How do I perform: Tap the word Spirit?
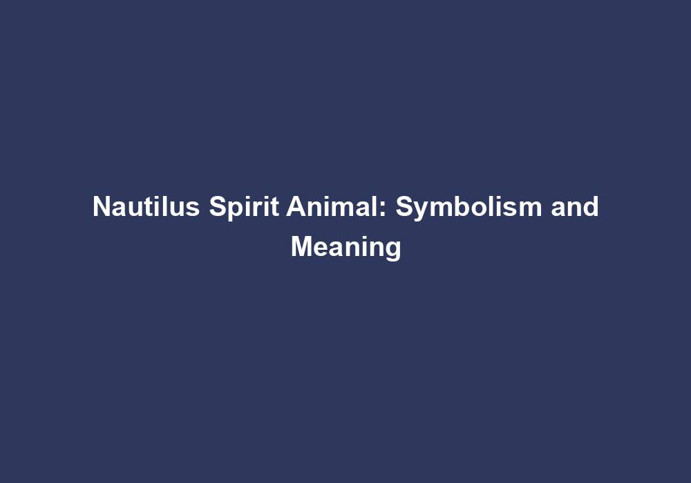click(243, 207)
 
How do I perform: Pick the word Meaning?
click(345, 246)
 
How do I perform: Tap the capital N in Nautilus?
click(101, 207)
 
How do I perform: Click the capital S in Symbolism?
click(404, 207)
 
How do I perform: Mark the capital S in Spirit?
click(218, 207)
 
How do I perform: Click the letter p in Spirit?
click(234, 210)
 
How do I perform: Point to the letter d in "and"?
click(591, 207)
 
